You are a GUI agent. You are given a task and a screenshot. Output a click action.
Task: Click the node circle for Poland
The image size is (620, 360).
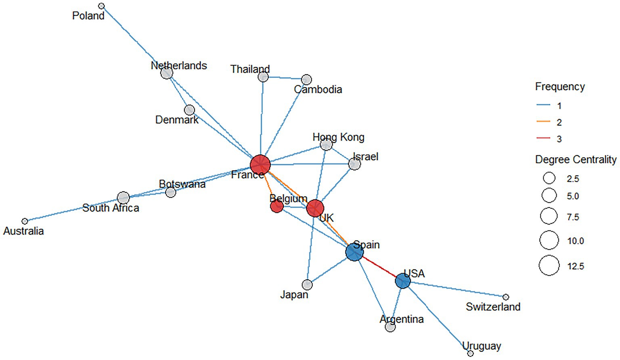point(102,6)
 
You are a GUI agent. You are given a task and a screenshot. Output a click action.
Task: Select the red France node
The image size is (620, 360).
point(260,164)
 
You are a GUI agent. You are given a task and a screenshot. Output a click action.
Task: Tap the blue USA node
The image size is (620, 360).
point(402,280)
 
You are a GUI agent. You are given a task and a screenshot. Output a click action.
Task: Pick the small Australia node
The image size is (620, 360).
point(25,221)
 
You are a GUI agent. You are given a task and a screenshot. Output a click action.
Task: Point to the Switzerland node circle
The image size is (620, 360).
point(506,297)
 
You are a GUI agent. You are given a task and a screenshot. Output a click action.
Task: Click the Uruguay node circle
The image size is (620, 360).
point(470,353)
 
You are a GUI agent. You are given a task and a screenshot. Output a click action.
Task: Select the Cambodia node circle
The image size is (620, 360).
point(306,79)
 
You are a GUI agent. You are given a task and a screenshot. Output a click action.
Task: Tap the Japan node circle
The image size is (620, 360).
point(307,285)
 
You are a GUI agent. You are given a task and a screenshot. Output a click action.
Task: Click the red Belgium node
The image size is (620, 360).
point(276,207)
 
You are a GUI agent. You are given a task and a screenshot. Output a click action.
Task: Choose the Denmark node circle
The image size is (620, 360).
point(189,110)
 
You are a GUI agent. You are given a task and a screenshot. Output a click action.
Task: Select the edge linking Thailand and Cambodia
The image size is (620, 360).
point(285,77)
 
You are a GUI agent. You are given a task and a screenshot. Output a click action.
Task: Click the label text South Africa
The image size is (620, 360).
point(111,208)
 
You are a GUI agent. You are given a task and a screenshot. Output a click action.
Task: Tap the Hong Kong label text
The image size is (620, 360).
point(338,137)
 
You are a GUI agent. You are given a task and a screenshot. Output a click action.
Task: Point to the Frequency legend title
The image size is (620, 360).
point(559,86)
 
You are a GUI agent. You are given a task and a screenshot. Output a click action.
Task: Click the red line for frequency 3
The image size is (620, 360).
point(543,138)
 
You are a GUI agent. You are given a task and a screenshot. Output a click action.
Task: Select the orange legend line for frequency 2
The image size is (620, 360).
point(543,122)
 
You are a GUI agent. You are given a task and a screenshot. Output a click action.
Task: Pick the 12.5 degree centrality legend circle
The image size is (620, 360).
point(549,266)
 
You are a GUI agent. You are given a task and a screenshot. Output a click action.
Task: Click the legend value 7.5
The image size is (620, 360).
point(572,217)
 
